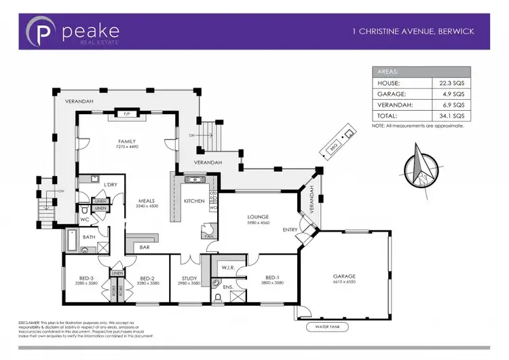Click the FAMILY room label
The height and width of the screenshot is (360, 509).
pyautogui.click(x=127, y=141)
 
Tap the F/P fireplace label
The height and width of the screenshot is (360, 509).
pyautogui.click(x=127, y=114)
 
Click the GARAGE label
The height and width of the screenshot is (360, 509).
pyautogui.click(x=344, y=276)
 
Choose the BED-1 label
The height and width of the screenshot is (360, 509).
pyautogui.click(x=272, y=278)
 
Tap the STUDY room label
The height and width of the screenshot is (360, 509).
pyautogui.click(x=189, y=278)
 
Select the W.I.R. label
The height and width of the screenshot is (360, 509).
pyautogui.click(x=228, y=268)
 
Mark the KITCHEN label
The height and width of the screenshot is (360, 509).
pyautogui.click(x=195, y=200)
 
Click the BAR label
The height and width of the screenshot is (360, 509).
pyautogui.click(x=145, y=247)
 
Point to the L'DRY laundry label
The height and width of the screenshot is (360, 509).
pyautogui.click(x=110, y=185)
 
